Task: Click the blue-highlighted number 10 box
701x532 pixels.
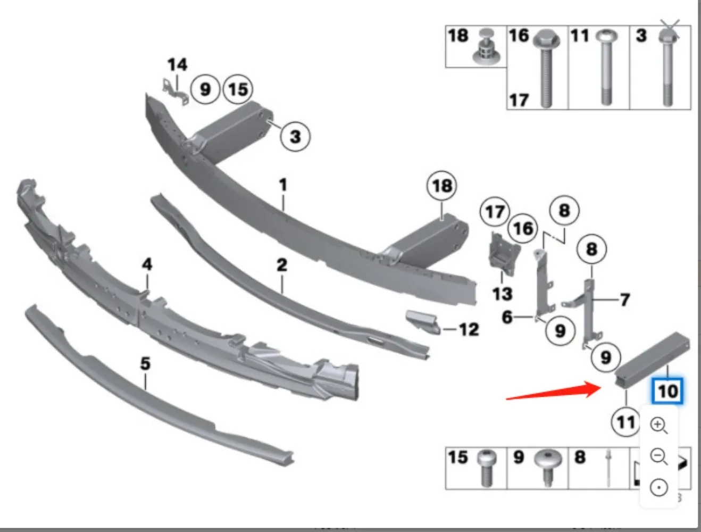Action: click(x=667, y=392)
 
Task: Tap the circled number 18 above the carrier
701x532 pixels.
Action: click(x=442, y=186)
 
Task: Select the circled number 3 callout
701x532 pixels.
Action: click(x=295, y=136)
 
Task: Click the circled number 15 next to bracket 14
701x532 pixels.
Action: click(x=238, y=89)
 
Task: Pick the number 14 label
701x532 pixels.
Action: click(x=177, y=65)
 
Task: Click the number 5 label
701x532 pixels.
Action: click(x=145, y=364)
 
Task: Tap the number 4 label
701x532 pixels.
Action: click(x=147, y=264)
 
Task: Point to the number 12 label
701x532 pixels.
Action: click(x=469, y=329)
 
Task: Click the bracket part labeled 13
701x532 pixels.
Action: click(x=503, y=255)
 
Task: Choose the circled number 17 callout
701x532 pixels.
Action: click(x=495, y=212)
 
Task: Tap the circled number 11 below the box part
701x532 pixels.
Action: click(x=625, y=422)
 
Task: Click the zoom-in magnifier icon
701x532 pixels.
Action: click(x=659, y=426)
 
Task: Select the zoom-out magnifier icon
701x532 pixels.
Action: click(x=659, y=456)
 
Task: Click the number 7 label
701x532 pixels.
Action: click(x=625, y=300)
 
